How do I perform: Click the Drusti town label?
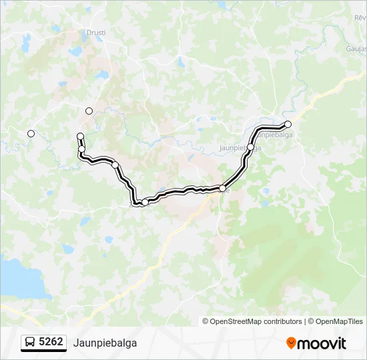click(x=96, y=32)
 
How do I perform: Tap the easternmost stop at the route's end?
click(x=288, y=124)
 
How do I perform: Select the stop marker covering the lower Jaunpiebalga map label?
click(x=251, y=147)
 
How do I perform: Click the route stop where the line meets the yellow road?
click(x=222, y=189)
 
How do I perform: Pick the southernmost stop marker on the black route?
click(x=145, y=202)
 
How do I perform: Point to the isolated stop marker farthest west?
click(x=31, y=134)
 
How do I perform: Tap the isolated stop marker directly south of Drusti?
click(x=89, y=111)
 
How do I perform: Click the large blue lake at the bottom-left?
click(x=20, y=279)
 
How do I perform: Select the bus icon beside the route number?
click(x=31, y=343)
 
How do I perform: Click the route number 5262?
click(x=51, y=343)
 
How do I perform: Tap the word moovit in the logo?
click(x=322, y=343)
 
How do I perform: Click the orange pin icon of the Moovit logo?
click(x=291, y=343)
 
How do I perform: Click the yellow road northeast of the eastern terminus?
click(x=327, y=93)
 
